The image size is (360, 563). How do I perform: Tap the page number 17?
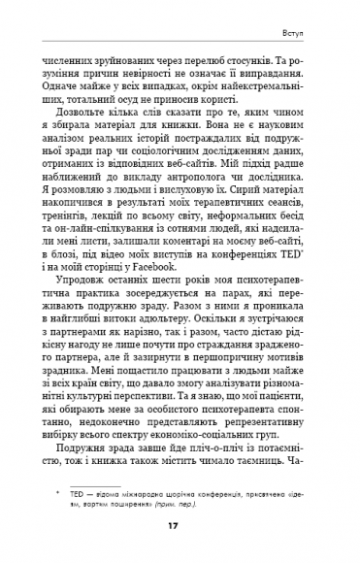tap(180, 527)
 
